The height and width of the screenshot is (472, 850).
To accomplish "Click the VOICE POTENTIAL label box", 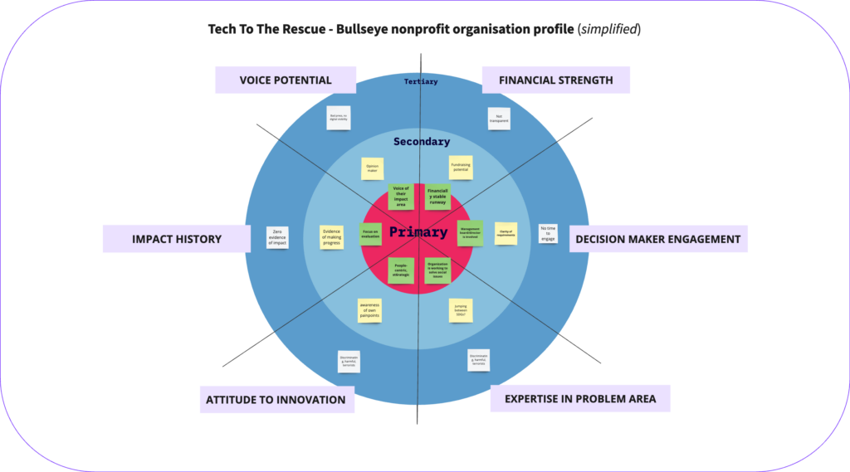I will [x=285, y=80].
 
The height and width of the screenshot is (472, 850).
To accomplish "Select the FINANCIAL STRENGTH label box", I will [x=555, y=80].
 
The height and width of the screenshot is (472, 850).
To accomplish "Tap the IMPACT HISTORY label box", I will [x=176, y=239].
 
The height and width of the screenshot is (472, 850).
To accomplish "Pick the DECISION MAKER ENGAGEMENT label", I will [x=657, y=239].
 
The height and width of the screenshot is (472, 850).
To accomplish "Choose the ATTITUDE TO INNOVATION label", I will [x=276, y=399].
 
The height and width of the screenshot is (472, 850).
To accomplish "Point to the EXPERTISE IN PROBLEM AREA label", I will [x=579, y=398].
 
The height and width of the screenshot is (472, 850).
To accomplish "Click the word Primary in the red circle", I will [x=418, y=232].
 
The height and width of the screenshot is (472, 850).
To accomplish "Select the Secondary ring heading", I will [x=422, y=142].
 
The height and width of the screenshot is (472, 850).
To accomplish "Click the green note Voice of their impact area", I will [x=401, y=197].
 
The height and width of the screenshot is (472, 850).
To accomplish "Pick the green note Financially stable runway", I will [x=437, y=197].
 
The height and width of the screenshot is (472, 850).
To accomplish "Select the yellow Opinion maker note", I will [x=373, y=168].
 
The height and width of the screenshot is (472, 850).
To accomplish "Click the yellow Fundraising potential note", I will [x=461, y=168].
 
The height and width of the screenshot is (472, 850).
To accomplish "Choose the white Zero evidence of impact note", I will [x=277, y=237].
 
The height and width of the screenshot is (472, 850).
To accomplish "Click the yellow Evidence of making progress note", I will [x=332, y=237].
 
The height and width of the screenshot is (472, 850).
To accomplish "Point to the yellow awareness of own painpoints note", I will [x=369, y=309].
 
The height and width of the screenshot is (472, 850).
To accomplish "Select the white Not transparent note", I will [x=498, y=118].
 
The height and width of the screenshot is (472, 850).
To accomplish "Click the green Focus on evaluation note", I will [x=371, y=234].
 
